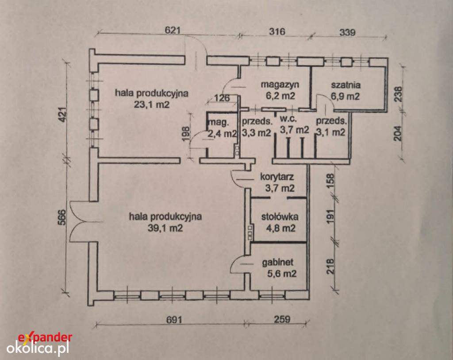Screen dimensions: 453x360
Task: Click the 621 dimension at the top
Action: point(173,31)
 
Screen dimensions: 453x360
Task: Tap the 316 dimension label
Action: point(277,31)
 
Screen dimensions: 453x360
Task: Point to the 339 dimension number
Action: point(347,32)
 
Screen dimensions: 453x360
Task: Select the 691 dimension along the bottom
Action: point(174,320)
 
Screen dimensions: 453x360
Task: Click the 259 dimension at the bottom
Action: point(282,319)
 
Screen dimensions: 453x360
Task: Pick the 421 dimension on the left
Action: point(64,116)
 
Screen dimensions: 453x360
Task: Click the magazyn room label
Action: point(280,85)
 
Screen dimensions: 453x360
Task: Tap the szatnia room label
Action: point(346,85)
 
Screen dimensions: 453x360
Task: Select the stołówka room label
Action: point(280,217)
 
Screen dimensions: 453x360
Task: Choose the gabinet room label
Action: point(278,262)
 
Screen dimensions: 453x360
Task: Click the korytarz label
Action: point(277,176)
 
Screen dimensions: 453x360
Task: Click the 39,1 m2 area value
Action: point(165,228)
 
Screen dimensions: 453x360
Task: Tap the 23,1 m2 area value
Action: point(152,105)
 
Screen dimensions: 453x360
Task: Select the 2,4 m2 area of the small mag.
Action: point(223,134)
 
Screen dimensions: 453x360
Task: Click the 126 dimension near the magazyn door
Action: point(222,98)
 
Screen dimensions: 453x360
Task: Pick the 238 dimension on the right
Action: point(398,94)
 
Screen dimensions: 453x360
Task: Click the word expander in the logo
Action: point(45,337)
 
